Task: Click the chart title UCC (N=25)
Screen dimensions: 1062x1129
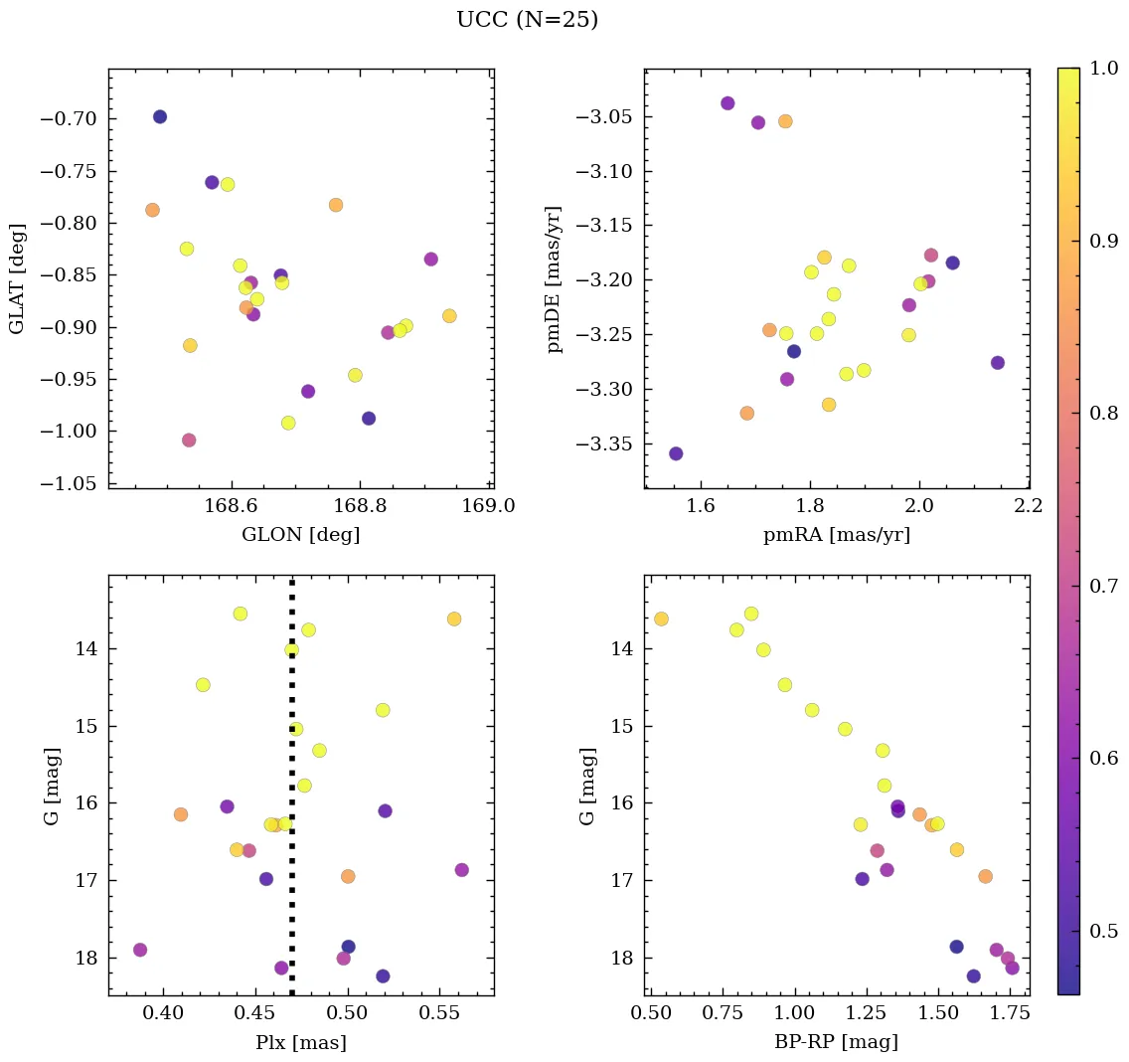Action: pos(527,20)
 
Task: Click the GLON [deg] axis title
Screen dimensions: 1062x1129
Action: pos(300,534)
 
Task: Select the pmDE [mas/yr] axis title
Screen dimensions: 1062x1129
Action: pos(555,279)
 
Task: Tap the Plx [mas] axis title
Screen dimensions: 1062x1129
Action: pos(300,1042)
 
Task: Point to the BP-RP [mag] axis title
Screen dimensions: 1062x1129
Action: pos(836,1042)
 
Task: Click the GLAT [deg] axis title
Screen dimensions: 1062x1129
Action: pos(17,279)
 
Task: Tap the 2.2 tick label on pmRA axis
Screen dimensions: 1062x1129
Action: pos(1028,507)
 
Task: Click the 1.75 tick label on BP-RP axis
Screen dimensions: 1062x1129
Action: pos(1009,1014)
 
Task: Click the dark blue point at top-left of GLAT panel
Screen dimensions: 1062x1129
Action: pos(160,117)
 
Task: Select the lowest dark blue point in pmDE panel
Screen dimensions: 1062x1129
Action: pos(676,453)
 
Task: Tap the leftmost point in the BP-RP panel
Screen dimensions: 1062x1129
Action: pos(661,619)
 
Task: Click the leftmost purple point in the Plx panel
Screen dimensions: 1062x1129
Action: pos(140,950)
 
